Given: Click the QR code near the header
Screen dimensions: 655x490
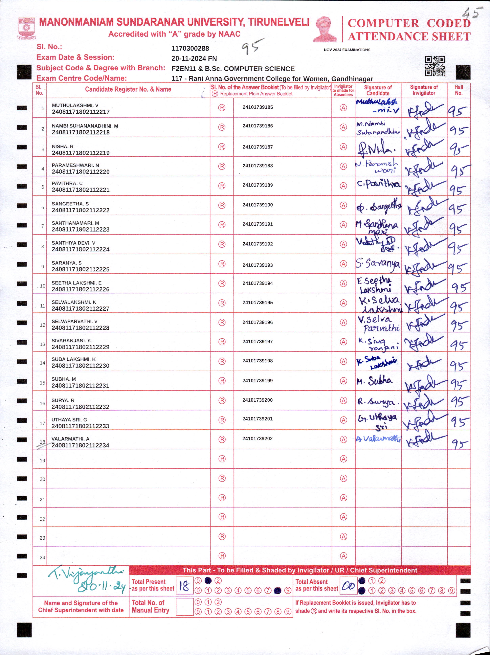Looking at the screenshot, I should [435, 66].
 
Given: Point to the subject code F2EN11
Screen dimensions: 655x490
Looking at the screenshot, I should [184, 69].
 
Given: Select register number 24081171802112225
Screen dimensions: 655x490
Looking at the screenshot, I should [80, 269].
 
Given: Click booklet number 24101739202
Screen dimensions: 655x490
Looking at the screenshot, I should [257, 439].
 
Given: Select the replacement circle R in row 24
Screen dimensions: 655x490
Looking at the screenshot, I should [222, 556].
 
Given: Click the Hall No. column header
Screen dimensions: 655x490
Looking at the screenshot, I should [459, 90].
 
